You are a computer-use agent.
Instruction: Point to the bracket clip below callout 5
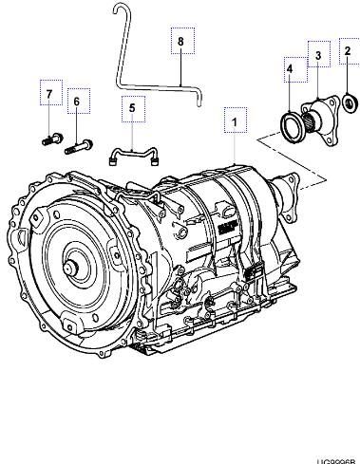[x=133, y=153]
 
